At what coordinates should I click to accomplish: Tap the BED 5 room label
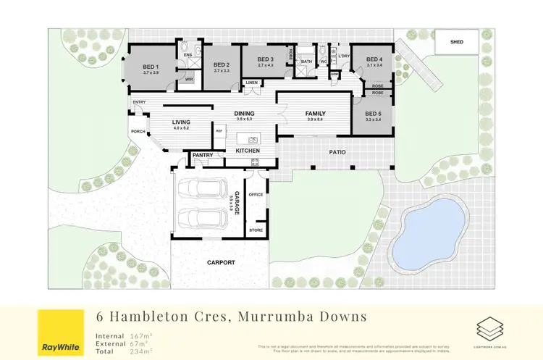click(373, 114)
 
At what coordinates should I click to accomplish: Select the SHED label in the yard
click(456, 42)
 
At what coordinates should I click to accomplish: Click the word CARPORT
click(221, 262)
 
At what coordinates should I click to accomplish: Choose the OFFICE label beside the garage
click(256, 195)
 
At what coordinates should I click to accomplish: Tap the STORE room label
click(256, 230)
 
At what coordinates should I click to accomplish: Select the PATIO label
click(336, 152)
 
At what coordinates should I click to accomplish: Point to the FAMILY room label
click(316, 114)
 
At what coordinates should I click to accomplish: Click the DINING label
click(244, 114)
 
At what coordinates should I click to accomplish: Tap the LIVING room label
click(181, 122)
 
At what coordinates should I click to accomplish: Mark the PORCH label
click(138, 131)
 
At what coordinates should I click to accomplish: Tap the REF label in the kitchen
click(219, 130)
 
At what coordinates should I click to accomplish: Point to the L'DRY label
click(344, 56)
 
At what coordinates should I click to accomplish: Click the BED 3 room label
click(266, 59)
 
